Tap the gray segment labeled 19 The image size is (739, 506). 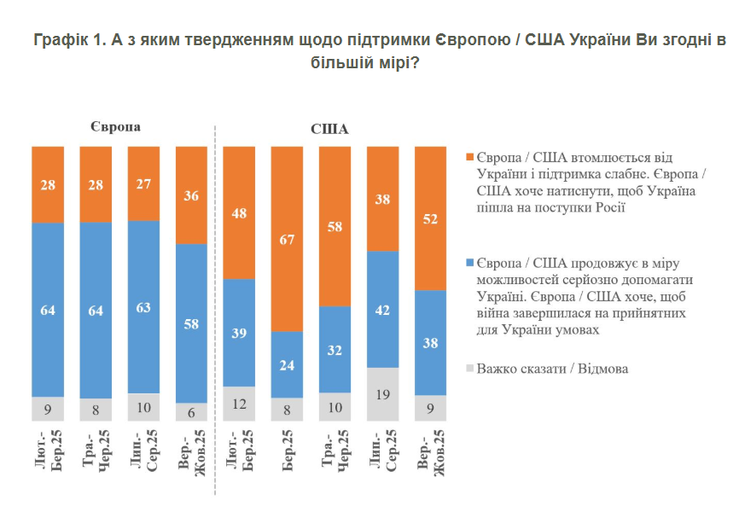[x=382, y=395]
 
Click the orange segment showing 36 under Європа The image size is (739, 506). [x=191, y=195]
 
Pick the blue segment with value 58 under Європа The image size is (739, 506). [x=191, y=323]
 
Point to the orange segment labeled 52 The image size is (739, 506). [x=430, y=218]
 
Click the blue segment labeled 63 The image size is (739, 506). [x=143, y=307]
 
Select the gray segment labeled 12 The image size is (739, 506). [x=239, y=404]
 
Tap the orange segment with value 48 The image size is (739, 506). [x=239, y=212]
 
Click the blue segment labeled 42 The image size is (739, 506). [x=382, y=309]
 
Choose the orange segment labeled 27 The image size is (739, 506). [x=143, y=183]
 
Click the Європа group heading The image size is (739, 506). [x=114, y=125]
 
